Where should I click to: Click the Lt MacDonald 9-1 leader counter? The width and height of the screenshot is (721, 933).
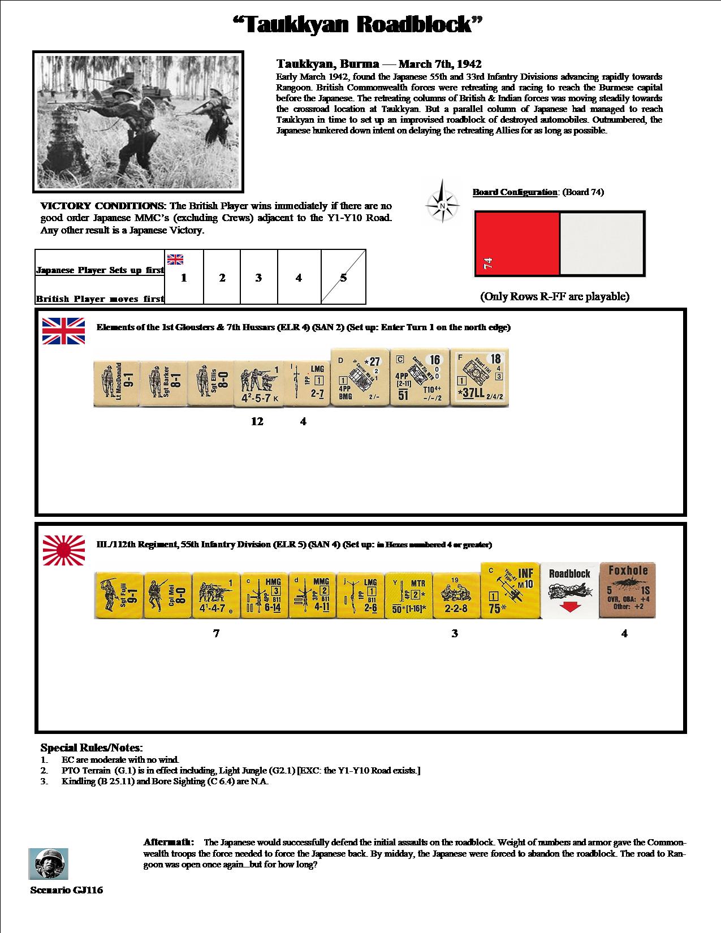pyautogui.click(x=116, y=382)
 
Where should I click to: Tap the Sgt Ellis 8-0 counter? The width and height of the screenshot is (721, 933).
pyautogui.click(x=210, y=382)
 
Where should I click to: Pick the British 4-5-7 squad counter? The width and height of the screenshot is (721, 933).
pyautogui.click(x=257, y=382)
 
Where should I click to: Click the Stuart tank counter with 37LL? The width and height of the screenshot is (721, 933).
pyautogui.click(x=479, y=377)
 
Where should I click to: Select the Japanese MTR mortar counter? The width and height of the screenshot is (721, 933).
pyautogui.click(x=408, y=595)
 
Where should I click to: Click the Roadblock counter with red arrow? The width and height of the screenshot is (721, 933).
pyautogui.click(x=569, y=591)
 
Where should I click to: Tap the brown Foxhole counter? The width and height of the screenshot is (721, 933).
pyautogui.click(x=627, y=590)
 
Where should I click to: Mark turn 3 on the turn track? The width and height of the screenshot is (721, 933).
pyautogui.click(x=258, y=278)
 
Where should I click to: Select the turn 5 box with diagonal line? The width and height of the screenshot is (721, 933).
pyautogui.click(x=343, y=278)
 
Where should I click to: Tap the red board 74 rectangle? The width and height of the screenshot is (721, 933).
pyautogui.click(x=517, y=244)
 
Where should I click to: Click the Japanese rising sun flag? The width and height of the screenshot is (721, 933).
pyautogui.click(x=64, y=550)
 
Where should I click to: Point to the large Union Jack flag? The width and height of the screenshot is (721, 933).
pyautogui.click(x=64, y=331)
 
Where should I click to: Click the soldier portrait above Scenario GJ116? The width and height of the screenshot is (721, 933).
pyautogui.click(x=48, y=863)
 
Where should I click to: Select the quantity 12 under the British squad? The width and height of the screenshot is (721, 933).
pyautogui.click(x=257, y=421)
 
